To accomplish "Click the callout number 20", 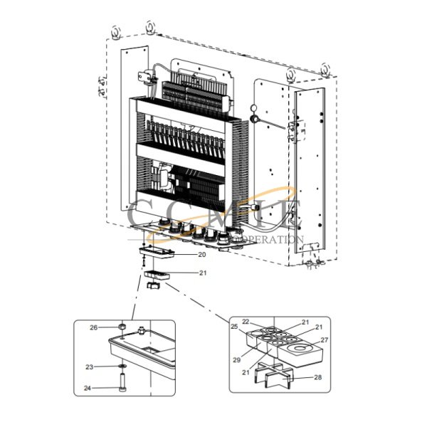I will coord(202,254).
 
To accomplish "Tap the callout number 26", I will coord(93,327).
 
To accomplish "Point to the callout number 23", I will coord(90,367).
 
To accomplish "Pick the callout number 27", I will coord(325,340).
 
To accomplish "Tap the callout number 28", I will coord(317,379).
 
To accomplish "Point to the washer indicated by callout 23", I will coord(122,367).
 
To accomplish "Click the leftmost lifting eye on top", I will coord(116,31).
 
